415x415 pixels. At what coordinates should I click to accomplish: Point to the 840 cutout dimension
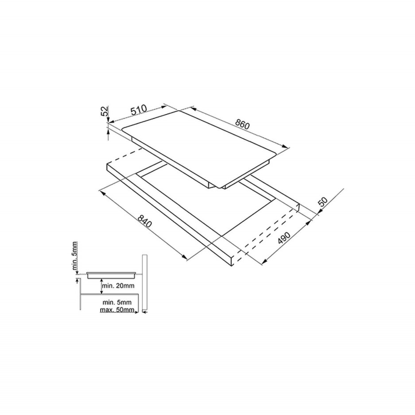[145, 222]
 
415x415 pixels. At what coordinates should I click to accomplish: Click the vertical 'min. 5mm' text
[76, 256]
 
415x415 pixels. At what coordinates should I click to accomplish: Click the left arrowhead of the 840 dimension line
[101, 191]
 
